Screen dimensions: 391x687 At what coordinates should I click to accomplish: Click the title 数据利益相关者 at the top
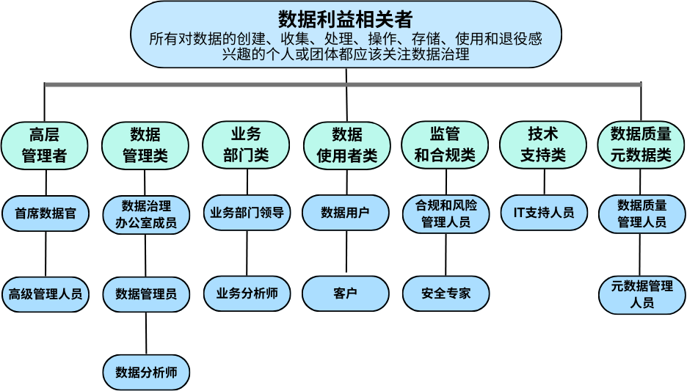click(345, 18)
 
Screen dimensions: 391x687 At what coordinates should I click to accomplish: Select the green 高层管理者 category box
click(45, 145)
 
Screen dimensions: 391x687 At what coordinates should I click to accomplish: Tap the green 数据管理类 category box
click(145, 145)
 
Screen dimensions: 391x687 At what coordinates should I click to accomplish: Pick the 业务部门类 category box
click(246, 145)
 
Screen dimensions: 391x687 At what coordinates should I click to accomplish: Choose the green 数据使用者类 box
click(346, 145)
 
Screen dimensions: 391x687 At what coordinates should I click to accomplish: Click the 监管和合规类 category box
click(446, 145)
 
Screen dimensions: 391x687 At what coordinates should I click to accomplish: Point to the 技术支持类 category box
click(543, 145)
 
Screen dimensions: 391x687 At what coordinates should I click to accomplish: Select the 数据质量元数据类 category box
click(641, 145)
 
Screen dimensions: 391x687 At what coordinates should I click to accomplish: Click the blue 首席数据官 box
click(45, 213)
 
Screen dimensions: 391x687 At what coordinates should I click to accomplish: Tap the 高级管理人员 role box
click(45, 294)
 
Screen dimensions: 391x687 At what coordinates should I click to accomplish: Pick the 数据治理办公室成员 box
click(145, 214)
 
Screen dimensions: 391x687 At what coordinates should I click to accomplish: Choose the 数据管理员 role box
click(145, 294)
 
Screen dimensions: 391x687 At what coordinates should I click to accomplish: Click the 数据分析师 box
click(146, 373)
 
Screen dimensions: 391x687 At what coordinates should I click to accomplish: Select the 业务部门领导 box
click(247, 213)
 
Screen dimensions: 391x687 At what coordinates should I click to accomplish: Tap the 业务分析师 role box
click(247, 293)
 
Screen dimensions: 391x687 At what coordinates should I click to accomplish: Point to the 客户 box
click(346, 293)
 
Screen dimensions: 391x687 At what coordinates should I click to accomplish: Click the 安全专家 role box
click(446, 293)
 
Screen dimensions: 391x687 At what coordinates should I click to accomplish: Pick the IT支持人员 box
click(544, 213)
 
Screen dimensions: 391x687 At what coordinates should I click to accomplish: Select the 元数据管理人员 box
click(641, 294)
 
